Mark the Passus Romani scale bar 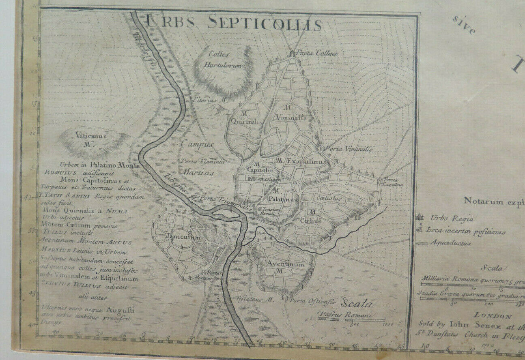(351, 319)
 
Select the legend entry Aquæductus (451, 243)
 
